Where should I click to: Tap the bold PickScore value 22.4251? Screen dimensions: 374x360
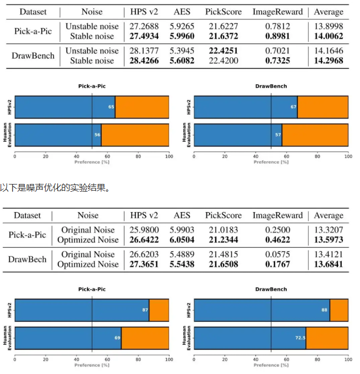(x=222, y=51)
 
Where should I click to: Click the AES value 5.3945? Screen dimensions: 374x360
(x=182, y=51)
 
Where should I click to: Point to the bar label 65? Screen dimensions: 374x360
(x=111, y=106)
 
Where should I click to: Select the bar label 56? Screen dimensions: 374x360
(x=97, y=135)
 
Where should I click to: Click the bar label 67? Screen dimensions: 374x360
(x=293, y=106)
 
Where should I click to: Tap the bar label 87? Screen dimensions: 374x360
(x=145, y=310)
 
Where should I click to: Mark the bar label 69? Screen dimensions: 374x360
(x=117, y=338)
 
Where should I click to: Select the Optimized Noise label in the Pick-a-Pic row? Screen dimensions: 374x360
(x=88, y=240)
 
